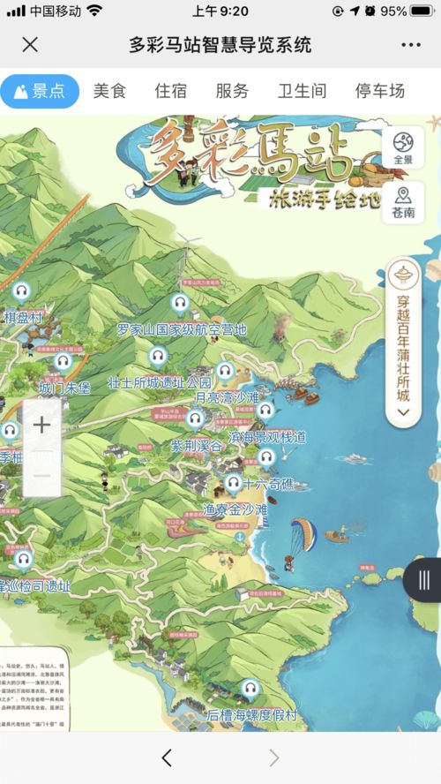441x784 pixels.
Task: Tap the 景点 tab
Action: [x=40, y=91]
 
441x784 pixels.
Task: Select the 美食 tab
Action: [x=110, y=91]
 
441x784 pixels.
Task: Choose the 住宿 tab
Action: [x=171, y=91]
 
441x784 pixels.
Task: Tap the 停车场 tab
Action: [x=379, y=91]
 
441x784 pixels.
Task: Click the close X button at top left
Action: [x=30, y=45]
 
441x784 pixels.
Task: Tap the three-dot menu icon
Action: [x=410, y=45]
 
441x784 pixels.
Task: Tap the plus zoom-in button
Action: [x=41, y=425]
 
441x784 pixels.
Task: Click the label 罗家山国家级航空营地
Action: [x=182, y=330]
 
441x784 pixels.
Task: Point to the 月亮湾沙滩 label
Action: [x=227, y=398]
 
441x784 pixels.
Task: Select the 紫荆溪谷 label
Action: [x=198, y=446]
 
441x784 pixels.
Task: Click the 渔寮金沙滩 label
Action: [x=235, y=509]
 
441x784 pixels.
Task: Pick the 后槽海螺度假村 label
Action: [x=251, y=713]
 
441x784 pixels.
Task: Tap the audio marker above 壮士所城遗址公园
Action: [x=158, y=357]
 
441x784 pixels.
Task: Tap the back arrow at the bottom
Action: [x=167, y=758]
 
